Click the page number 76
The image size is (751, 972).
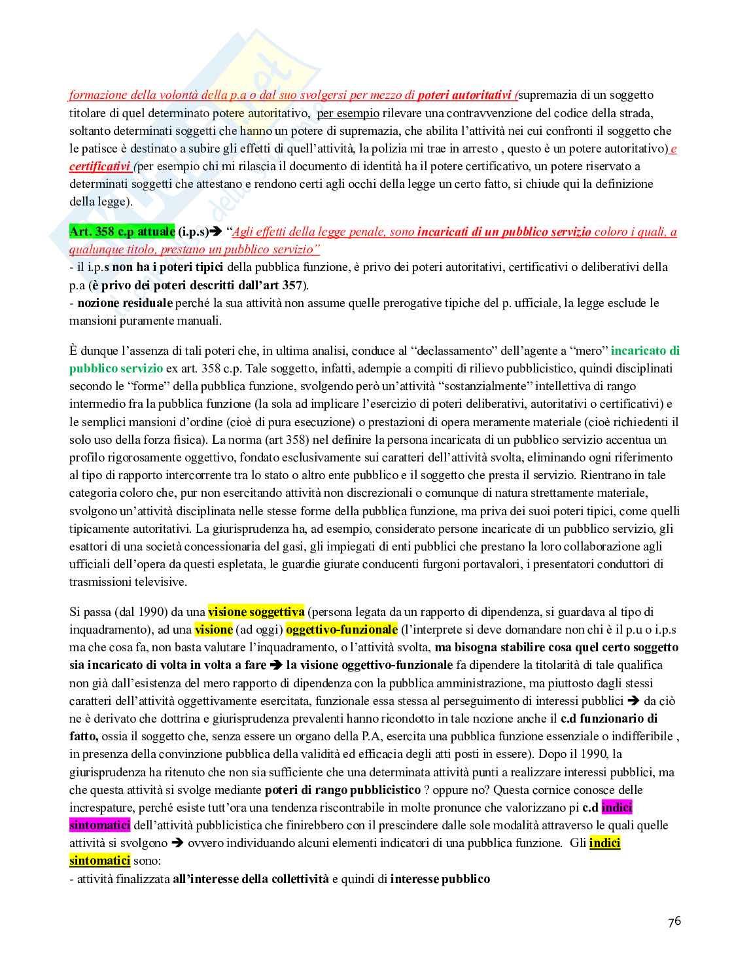[674, 922]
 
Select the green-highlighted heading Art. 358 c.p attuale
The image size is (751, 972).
[122, 232]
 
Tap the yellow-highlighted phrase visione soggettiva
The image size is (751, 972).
[256, 612]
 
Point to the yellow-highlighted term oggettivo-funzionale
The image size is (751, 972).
[341, 630]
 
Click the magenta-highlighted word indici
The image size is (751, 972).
[616, 807]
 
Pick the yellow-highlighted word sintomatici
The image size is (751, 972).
[99, 861]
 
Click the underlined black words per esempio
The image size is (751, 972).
[348, 113]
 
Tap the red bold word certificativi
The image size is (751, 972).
[100, 166]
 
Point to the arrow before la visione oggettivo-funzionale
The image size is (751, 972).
[275, 665]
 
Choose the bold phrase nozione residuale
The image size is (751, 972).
[125, 303]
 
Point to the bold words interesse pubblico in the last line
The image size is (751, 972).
[440, 878]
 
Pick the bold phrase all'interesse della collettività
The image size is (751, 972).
[251, 878]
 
